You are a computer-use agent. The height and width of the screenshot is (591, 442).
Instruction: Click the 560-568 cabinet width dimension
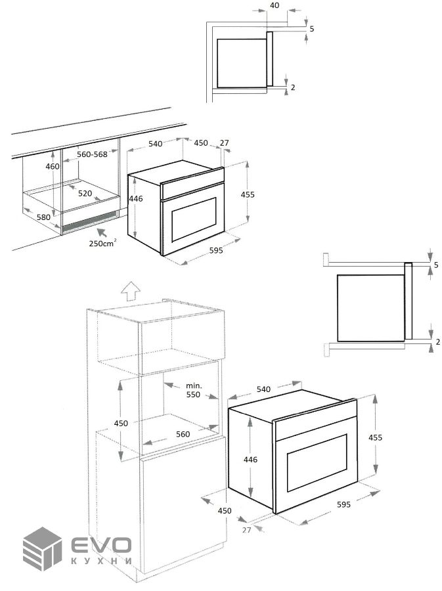point(93,154)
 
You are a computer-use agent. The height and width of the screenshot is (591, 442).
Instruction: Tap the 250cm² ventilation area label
point(102,243)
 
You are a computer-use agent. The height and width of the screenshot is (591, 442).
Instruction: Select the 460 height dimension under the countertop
point(53,166)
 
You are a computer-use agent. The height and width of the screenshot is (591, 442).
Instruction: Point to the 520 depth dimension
point(85,193)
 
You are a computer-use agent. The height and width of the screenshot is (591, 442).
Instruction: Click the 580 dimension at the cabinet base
point(43,217)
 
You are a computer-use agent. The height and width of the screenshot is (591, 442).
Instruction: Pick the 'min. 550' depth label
point(194,391)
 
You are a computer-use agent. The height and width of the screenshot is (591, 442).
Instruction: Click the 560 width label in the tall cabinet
point(183,434)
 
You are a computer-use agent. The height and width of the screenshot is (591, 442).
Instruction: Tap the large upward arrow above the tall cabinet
point(131,291)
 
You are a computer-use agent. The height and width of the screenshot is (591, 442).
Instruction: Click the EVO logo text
point(101,546)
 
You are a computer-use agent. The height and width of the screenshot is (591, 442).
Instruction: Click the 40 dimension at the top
point(275,6)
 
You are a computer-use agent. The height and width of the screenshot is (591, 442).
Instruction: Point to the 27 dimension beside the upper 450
point(224,143)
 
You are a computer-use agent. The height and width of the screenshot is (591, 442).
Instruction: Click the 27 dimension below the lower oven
point(246,530)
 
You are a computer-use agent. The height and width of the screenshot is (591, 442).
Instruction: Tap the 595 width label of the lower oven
point(343,504)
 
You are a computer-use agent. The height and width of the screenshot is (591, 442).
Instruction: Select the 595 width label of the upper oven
point(216,250)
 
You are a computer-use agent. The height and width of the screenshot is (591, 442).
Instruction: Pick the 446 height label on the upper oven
point(136,198)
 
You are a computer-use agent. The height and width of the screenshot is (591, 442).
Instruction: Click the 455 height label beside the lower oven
point(375,437)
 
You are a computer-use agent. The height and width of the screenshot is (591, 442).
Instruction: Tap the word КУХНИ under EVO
point(101,561)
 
